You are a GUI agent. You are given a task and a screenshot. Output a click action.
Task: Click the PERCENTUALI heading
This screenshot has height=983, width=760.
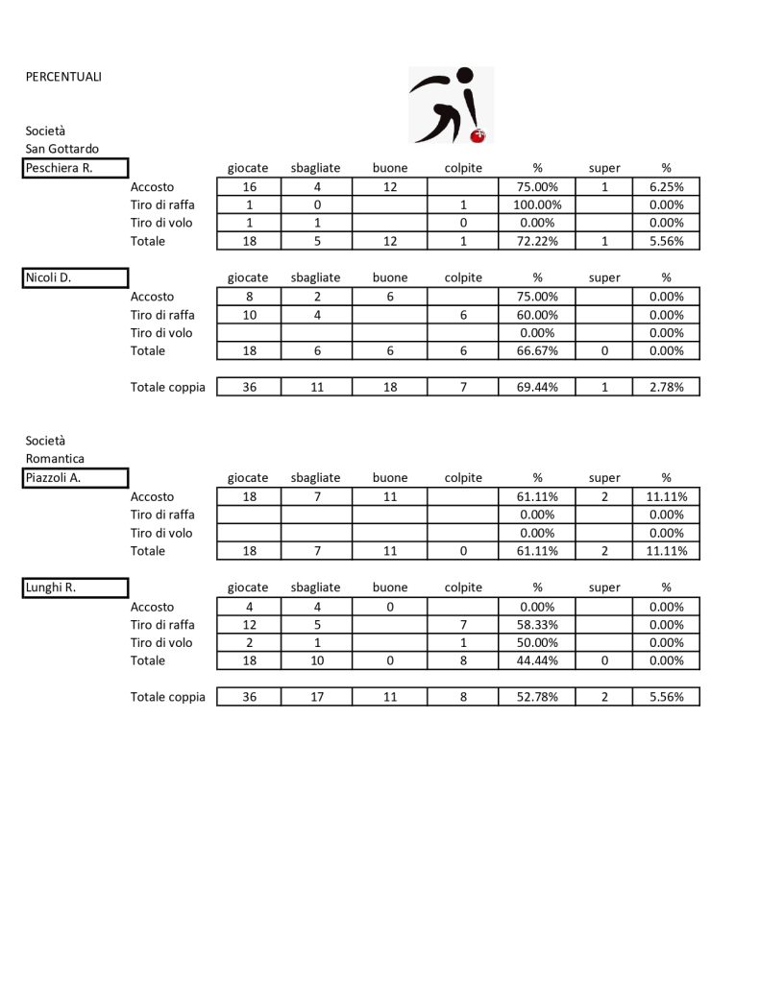(x=63, y=77)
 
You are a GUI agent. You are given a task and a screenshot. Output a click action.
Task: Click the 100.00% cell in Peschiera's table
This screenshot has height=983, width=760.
(x=538, y=204)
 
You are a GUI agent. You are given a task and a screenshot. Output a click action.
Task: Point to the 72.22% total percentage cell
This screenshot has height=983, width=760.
(x=538, y=241)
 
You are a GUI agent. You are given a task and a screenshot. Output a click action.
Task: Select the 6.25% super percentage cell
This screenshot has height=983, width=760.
(x=666, y=186)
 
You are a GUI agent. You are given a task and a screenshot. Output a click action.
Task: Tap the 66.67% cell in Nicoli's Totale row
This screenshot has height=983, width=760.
(x=538, y=351)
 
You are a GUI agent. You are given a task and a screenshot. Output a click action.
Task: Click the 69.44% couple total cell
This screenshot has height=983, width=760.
(x=538, y=387)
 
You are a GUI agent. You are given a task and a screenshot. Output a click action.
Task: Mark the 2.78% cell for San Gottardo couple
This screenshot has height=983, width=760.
(x=666, y=387)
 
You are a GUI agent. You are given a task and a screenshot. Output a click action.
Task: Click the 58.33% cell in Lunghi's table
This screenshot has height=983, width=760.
(x=538, y=625)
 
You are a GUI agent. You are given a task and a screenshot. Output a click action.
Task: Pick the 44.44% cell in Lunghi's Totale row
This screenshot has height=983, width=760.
(x=538, y=661)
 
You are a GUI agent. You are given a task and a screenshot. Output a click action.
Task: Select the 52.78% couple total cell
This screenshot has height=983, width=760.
(x=538, y=697)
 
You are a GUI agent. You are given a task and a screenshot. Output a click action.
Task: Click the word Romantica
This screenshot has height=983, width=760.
(x=55, y=459)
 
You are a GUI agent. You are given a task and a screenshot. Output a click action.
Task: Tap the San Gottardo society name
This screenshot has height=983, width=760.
(x=61, y=149)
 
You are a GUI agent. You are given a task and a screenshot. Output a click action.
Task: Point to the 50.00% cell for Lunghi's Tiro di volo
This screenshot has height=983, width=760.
(x=538, y=643)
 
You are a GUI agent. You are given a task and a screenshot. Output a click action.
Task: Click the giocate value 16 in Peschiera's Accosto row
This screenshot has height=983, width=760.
(x=248, y=186)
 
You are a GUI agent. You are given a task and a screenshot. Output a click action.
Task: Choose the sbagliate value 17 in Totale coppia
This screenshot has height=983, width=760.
(x=316, y=697)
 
